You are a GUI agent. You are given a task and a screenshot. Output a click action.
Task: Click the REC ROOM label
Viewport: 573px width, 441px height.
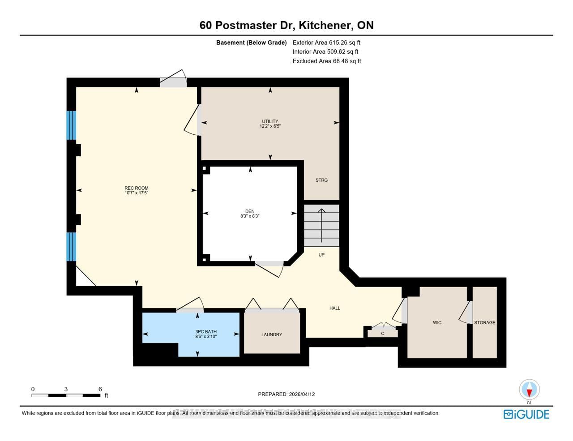136,188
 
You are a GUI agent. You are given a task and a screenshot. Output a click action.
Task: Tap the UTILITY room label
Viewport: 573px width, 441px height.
270,121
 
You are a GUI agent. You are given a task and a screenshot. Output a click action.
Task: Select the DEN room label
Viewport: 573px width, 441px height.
250,211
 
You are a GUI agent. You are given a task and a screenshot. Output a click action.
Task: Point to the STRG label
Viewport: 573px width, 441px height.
321,180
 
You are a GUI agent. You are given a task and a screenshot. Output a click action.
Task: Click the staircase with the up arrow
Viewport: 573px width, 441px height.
321,225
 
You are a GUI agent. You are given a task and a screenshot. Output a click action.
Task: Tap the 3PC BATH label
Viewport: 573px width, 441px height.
205,332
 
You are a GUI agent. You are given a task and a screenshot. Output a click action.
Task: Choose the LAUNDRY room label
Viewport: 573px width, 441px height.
272,334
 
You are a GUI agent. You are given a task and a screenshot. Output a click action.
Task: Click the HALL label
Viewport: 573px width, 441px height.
335,308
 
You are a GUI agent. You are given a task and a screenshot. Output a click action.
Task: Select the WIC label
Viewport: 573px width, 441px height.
437,322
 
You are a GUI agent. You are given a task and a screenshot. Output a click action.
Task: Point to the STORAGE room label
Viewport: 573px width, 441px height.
485,322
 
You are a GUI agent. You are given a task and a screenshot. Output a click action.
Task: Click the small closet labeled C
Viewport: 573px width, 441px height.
383,333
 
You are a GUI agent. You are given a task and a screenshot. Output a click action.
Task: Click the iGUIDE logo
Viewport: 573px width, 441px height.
526,414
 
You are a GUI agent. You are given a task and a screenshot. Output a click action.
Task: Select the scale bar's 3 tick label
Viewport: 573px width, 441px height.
66,389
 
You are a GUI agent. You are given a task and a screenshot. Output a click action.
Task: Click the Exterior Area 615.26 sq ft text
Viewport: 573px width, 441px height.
326,43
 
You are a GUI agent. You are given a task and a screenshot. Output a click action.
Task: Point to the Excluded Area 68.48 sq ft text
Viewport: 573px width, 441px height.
327,61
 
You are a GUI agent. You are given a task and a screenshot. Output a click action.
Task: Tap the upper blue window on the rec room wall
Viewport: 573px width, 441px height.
71,125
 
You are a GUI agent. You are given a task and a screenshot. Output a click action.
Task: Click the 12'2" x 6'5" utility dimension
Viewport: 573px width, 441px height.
270,126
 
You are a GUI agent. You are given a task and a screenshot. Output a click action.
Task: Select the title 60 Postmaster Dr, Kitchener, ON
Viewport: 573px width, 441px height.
286,25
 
